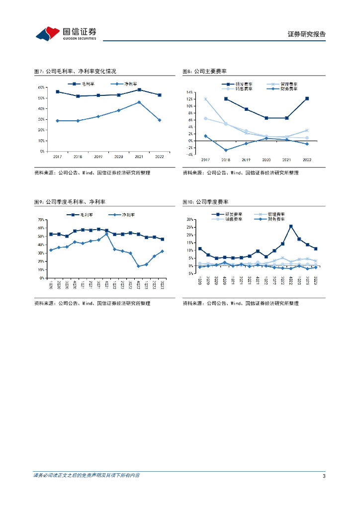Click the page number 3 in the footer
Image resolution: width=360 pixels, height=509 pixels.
tap(324, 476)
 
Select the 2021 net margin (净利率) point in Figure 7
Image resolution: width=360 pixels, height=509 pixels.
tap(139, 102)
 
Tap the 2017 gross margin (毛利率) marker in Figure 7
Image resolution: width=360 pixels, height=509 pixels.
tap(58, 91)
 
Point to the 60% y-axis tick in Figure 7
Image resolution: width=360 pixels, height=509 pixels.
tap(41, 87)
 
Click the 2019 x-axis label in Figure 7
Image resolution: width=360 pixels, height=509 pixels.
tap(98, 156)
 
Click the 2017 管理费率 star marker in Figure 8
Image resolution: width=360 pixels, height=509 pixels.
tap(205, 99)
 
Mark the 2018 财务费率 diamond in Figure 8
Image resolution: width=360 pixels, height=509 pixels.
tap(226, 150)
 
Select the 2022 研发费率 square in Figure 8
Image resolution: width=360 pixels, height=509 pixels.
tap(307, 98)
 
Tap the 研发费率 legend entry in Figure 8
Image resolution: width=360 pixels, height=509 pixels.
tap(241, 85)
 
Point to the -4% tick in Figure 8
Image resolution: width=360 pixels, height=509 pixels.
tap(189, 155)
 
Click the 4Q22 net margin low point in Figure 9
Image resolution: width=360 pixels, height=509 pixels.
tap(139, 266)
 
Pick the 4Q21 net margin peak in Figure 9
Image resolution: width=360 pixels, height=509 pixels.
tap(107, 234)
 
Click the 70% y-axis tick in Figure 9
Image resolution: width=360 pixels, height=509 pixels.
tap(41, 219)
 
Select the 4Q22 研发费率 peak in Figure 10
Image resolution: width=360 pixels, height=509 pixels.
tap(291, 226)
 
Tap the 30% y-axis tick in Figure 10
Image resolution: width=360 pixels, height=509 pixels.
tap(190, 219)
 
